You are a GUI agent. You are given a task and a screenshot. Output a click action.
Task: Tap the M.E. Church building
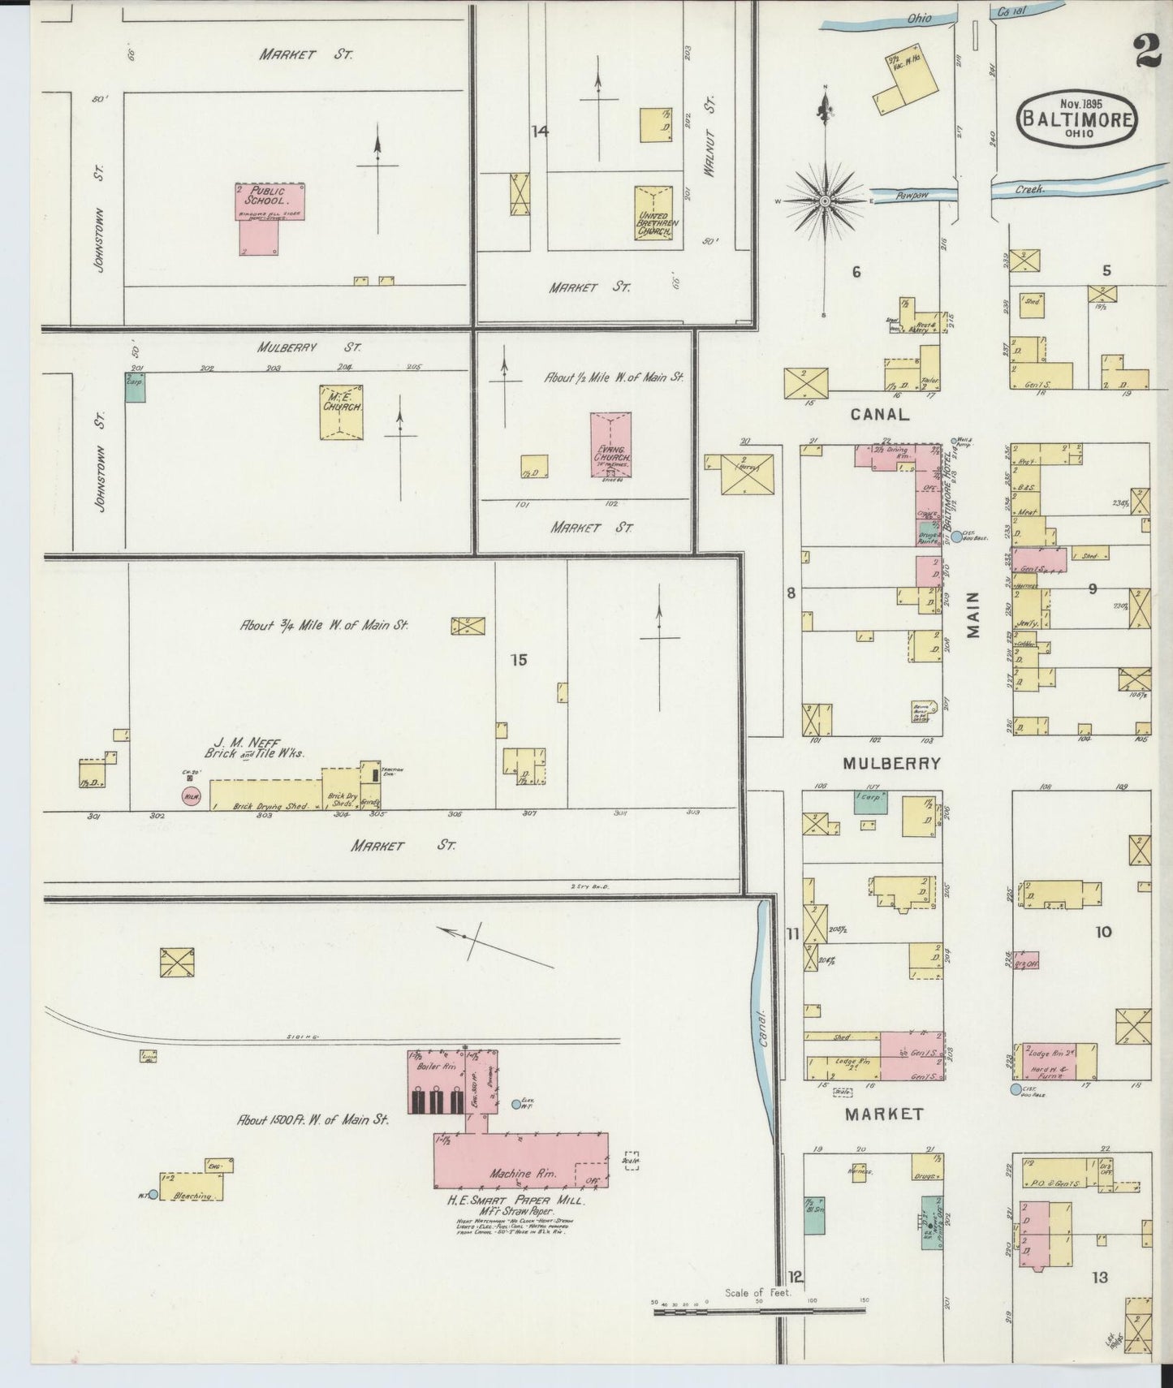pyautogui.click(x=341, y=412)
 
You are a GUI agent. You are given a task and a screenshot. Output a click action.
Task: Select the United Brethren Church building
pyautogui.click(x=655, y=213)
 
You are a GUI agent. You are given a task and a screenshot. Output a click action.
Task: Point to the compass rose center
pyautogui.click(x=825, y=200)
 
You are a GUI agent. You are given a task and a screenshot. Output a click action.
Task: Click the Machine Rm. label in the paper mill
pyautogui.click(x=511, y=1173)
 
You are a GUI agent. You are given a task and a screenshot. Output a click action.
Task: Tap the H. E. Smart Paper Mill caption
pyautogui.click(x=516, y=1200)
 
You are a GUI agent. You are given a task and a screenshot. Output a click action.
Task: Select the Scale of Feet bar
pyautogui.click(x=760, y=1309)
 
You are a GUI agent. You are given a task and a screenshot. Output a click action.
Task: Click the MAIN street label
pyautogui.click(x=974, y=614)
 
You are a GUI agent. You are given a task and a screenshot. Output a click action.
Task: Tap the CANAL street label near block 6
pyautogui.click(x=880, y=415)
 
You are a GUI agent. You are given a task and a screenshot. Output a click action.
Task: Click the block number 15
pyautogui.click(x=519, y=660)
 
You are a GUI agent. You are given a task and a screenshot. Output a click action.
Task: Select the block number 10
pyautogui.click(x=1102, y=932)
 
